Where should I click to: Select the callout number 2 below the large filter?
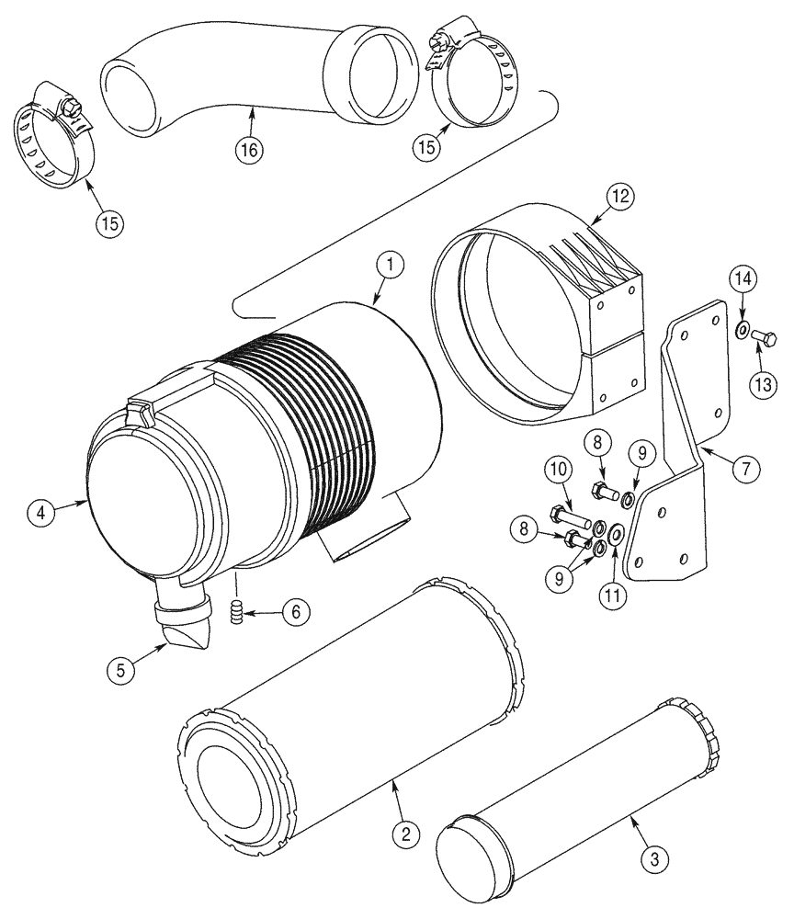[405, 834]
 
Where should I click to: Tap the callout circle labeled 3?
[654, 860]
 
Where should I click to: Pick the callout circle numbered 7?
[744, 469]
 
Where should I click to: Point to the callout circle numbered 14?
[743, 278]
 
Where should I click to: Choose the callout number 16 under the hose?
[248, 150]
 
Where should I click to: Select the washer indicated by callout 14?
[743, 329]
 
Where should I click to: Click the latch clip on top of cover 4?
[138, 412]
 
